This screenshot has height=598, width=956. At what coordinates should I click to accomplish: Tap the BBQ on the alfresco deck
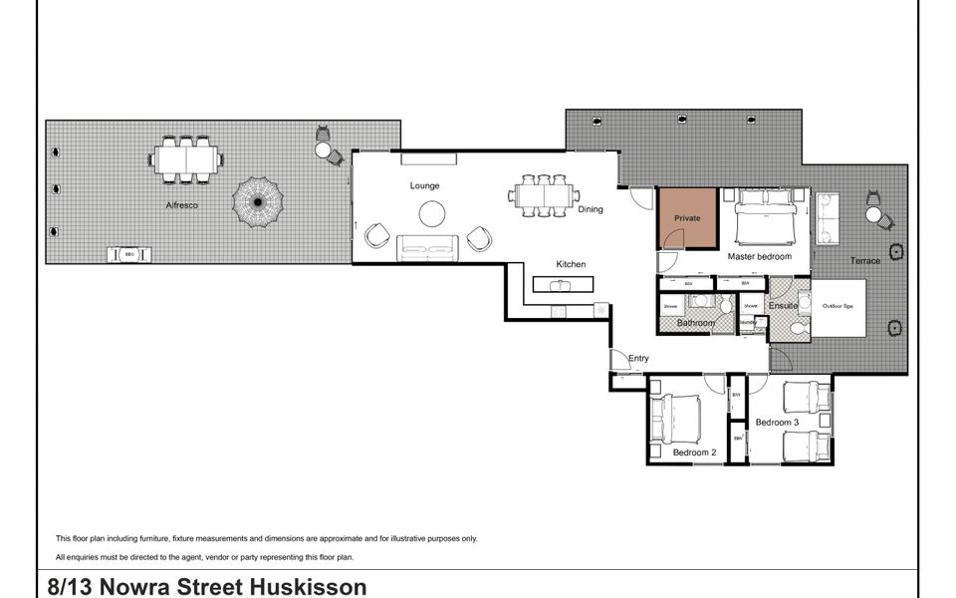click(130, 255)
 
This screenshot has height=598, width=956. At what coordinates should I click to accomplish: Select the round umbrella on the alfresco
click(257, 201)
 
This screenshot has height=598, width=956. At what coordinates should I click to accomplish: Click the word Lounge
click(424, 185)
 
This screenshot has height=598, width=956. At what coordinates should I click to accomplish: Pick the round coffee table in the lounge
click(432, 214)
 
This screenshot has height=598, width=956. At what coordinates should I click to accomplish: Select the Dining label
click(591, 210)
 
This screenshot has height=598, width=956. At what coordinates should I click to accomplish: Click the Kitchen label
click(571, 264)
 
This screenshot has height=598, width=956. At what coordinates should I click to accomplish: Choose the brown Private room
click(687, 218)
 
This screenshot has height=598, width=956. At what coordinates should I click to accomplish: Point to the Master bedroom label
click(759, 257)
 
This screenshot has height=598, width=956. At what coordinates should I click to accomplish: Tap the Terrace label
click(864, 261)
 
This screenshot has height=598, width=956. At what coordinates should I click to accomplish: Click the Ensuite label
click(784, 305)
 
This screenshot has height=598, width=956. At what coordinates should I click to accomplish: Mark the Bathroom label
click(696, 323)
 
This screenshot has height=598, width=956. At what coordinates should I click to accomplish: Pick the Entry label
click(638, 358)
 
